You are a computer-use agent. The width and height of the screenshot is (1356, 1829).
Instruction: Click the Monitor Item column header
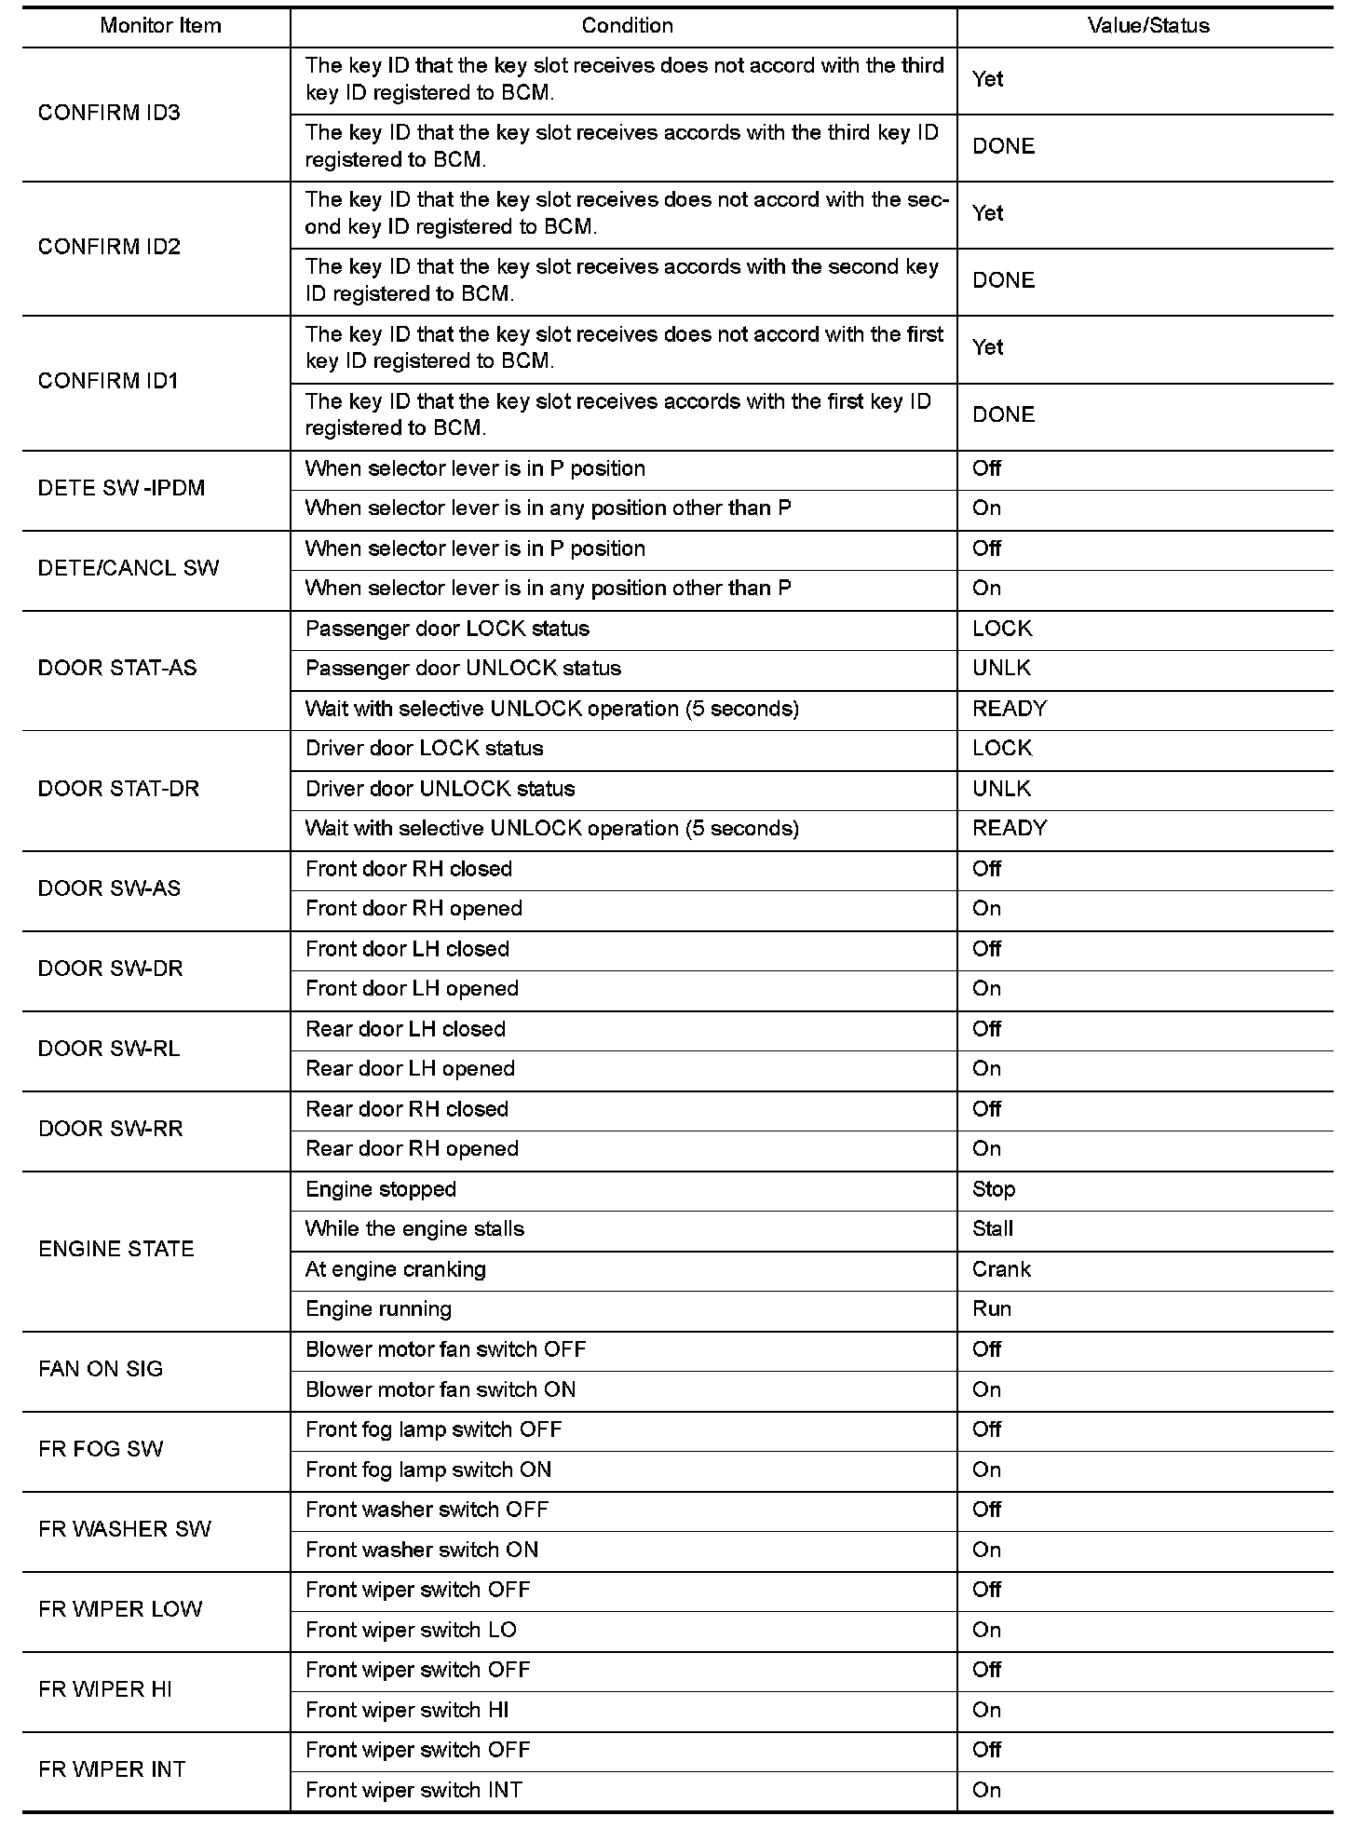160,26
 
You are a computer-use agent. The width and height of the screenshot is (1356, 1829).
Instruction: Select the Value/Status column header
1147,26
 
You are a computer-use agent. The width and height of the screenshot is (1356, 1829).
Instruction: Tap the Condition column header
627,26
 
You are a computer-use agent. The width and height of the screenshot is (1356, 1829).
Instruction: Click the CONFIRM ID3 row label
109,113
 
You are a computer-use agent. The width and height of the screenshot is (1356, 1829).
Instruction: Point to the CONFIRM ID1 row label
108,381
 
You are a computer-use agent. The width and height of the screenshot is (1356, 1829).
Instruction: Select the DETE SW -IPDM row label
121,488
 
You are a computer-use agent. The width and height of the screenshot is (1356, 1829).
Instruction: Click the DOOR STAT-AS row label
117,668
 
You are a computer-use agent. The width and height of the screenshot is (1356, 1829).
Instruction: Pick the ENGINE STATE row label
116,1249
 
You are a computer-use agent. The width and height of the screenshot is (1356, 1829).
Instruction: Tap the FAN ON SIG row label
101,1369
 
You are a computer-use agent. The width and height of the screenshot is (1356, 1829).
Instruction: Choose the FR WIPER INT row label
112,1769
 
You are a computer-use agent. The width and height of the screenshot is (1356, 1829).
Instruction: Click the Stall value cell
993,1229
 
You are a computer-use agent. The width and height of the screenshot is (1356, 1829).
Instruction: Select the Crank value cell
1001,1269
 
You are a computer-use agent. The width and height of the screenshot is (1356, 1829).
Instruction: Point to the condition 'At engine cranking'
396,1269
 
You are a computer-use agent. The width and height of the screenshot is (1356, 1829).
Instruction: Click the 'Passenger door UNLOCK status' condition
463,669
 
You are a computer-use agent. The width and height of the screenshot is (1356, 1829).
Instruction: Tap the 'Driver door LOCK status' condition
424,749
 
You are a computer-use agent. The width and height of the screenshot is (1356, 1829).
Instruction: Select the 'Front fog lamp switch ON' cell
428,1470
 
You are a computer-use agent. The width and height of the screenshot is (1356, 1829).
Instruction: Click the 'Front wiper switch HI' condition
407,1710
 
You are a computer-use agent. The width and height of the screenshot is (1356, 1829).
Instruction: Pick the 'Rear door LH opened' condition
410,1069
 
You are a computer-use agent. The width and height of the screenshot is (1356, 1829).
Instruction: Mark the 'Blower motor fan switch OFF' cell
445,1349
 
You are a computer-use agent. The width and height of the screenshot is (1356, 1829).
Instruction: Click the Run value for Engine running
992,1309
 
